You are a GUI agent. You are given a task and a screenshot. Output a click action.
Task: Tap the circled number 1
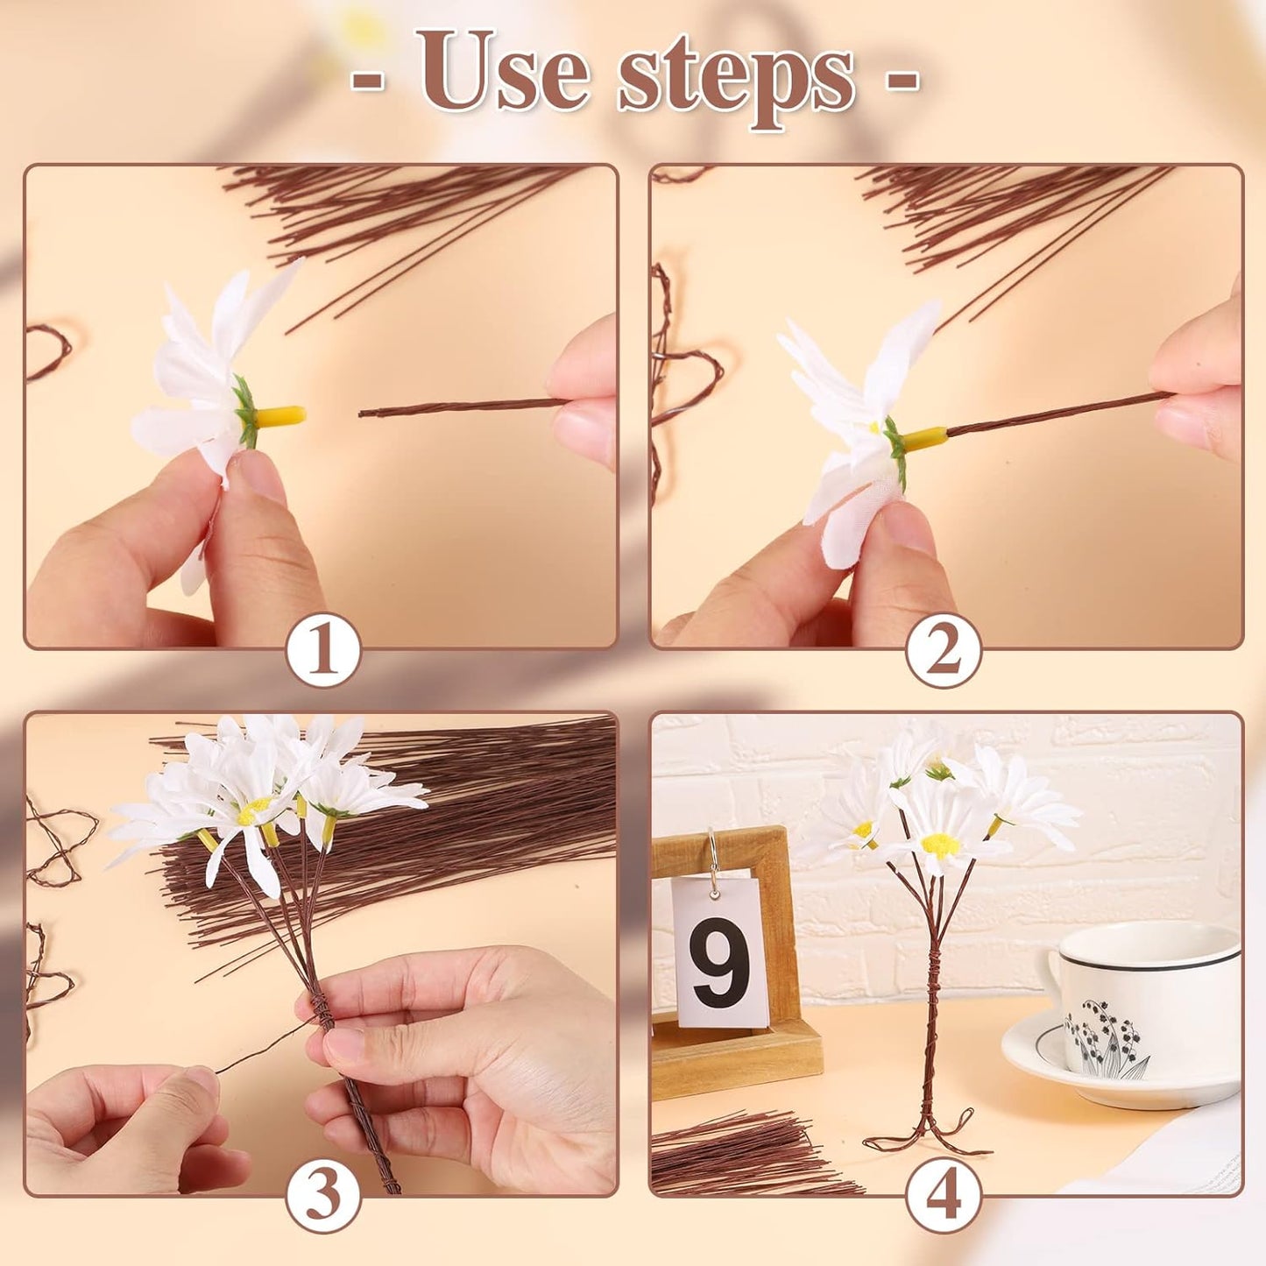[x=323, y=650]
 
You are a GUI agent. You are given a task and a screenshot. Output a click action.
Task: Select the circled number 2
[x=943, y=650]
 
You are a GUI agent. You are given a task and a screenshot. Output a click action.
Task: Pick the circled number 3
[x=323, y=1195]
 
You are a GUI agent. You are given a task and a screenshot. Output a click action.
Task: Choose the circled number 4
[x=943, y=1195]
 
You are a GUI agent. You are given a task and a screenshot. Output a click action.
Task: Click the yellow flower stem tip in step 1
[x=282, y=416]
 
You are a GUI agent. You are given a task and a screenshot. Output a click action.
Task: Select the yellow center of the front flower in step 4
[x=940, y=845]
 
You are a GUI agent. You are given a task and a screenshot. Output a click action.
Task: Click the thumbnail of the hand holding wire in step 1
[x=583, y=394]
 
